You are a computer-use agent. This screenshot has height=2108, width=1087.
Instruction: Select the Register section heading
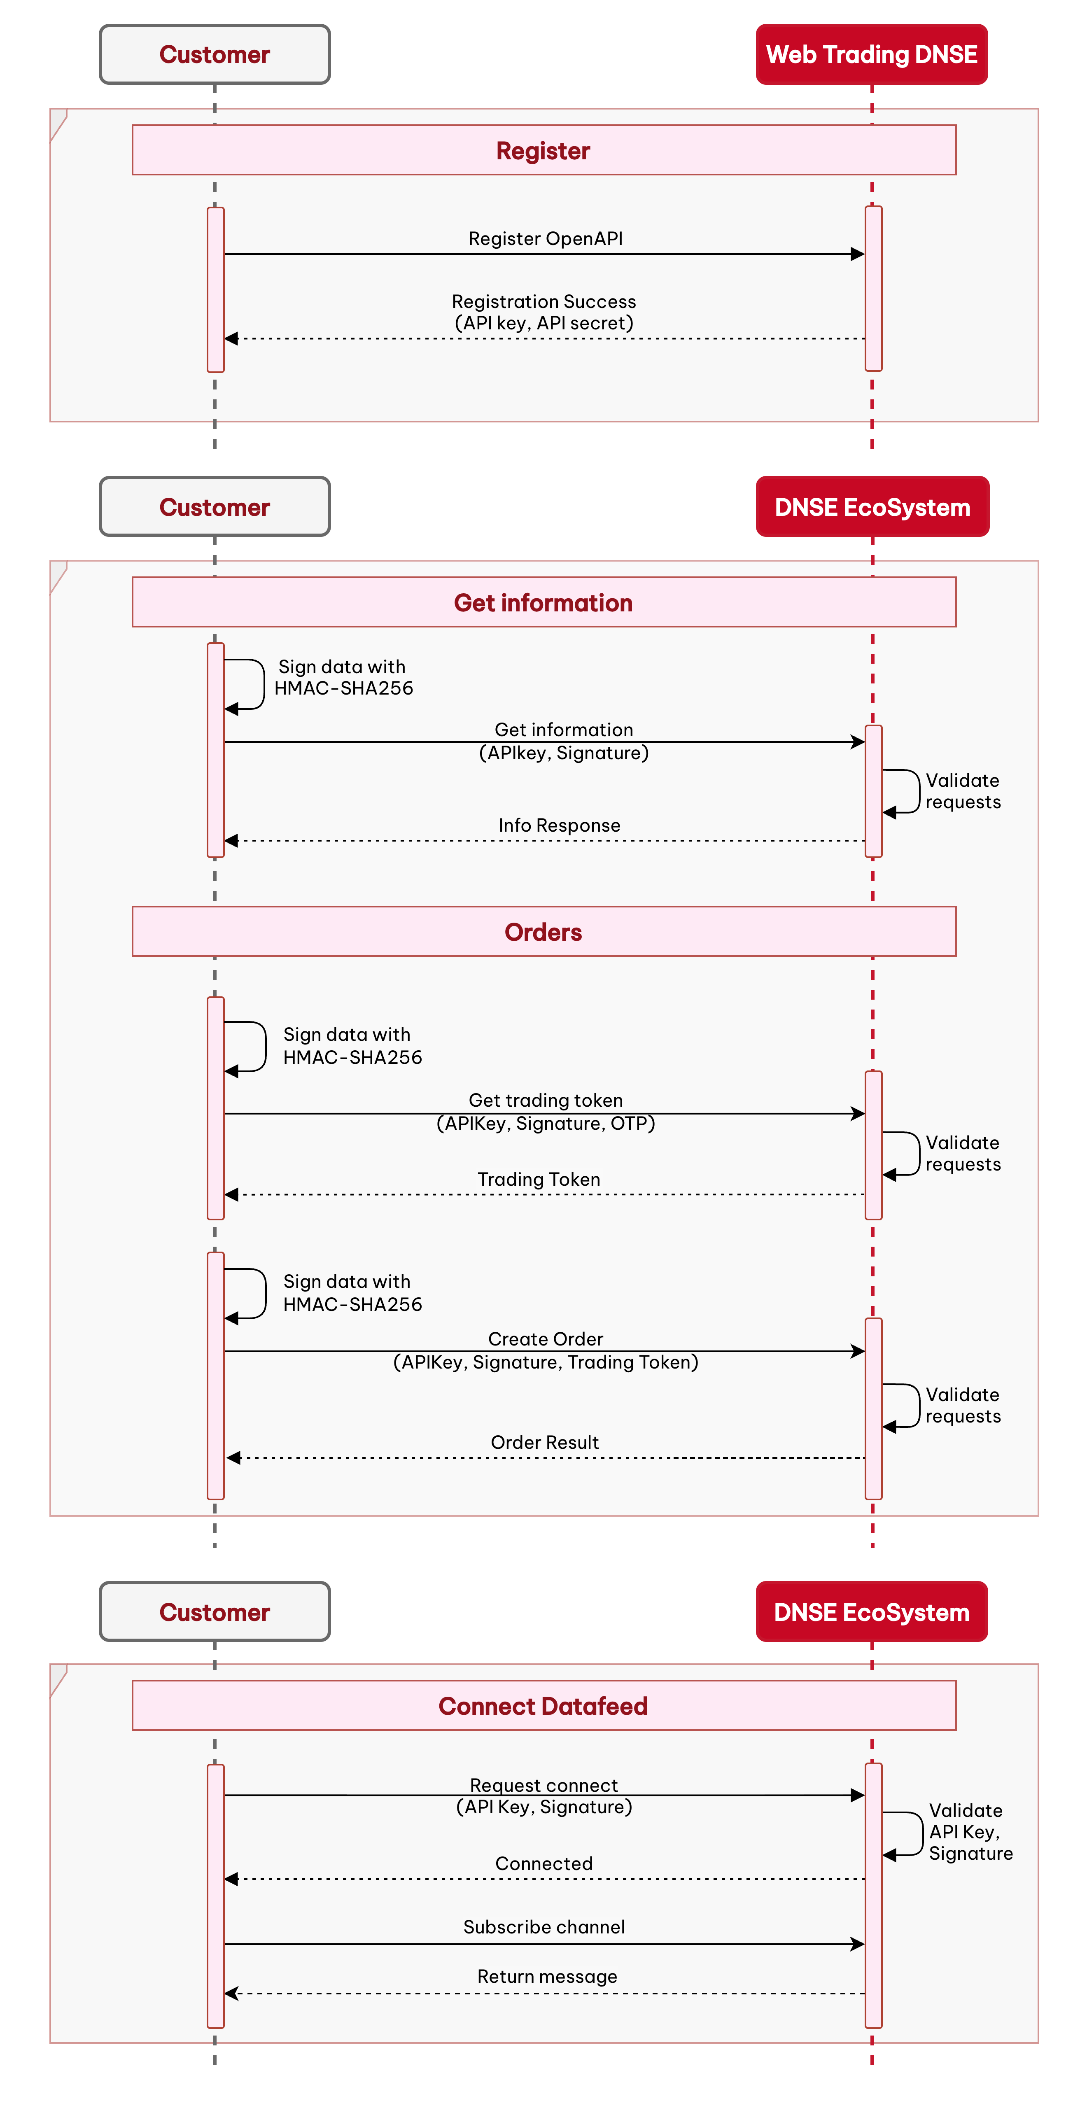[x=543, y=151]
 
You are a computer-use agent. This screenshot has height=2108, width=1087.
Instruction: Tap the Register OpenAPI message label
[x=545, y=238]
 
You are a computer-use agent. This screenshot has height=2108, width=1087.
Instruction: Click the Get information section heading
[x=543, y=603]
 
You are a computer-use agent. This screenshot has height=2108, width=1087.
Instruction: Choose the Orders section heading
[x=543, y=932]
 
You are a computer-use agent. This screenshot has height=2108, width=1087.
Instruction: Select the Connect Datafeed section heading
[x=543, y=1706]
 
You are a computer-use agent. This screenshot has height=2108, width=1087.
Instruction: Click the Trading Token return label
[x=539, y=1179]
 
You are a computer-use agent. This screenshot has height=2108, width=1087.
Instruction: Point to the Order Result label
[x=545, y=1442]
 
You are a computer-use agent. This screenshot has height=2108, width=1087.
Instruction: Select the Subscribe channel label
[x=544, y=1927]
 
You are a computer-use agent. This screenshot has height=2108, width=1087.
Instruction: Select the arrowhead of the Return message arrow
[x=232, y=1994]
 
